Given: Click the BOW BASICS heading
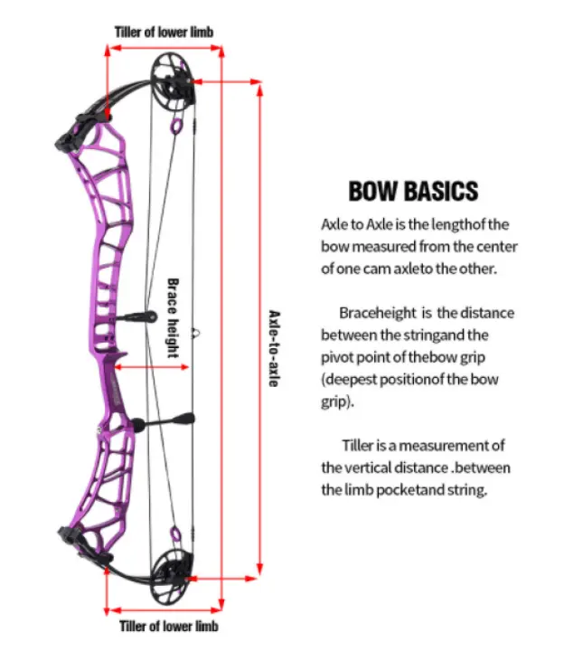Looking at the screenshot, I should (x=412, y=192).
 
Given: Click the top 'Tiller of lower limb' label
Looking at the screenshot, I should (x=164, y=32).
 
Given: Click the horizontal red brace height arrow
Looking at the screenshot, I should (x=154, y=368).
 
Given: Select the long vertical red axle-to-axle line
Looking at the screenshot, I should (x=260, y=335).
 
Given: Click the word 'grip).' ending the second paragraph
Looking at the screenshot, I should (x=335, y=401).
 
